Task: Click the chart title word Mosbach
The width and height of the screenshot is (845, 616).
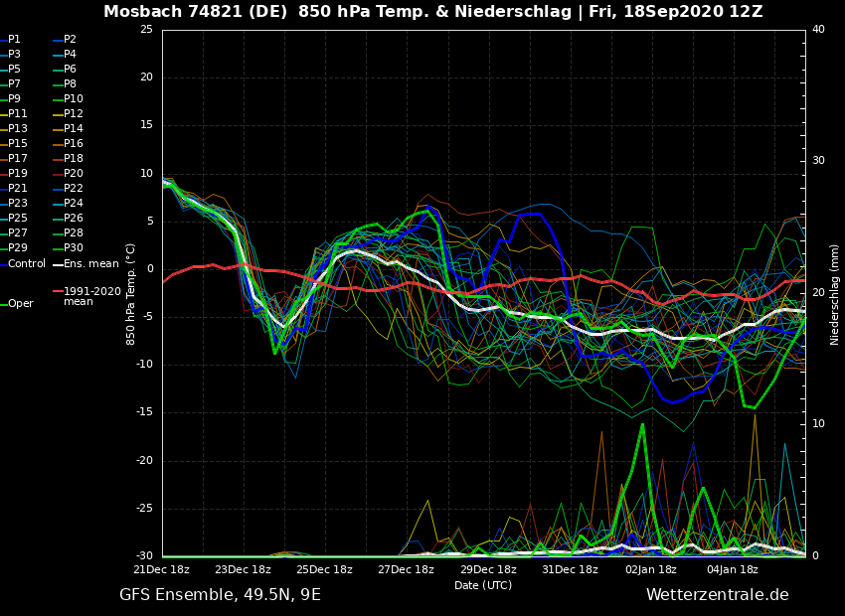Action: [x=141, y=12]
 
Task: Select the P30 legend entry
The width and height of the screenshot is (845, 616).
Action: [x=74, y=248]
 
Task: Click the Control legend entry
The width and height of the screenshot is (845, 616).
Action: [x=27, y=263]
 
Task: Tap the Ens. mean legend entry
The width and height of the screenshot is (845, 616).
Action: [x=90, y=263]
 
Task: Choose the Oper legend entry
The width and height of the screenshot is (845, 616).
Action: [x=21, y=304]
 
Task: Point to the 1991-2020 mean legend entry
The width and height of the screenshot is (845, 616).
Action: [x=91, y=296]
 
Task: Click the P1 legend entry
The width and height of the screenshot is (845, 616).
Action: [x=14, y=40]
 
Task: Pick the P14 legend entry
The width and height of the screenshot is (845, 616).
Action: [x=74, y=129]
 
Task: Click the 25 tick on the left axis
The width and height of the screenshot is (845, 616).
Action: [x=146, y=30]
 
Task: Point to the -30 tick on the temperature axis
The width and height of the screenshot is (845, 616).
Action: [x=144, y=556]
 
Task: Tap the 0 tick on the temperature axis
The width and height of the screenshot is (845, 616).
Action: [x=149, y=269]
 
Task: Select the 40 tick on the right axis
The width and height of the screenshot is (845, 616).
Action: [x=818, y=30]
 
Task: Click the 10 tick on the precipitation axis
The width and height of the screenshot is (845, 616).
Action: [x=818, y=424]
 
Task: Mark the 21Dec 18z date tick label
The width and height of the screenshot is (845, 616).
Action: [x=162, y=569]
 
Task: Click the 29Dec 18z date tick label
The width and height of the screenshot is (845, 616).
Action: [x=488, y=569]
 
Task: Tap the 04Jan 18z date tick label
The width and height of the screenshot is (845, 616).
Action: [x=733, y=569]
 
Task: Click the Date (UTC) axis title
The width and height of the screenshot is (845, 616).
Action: [x=483, y=585]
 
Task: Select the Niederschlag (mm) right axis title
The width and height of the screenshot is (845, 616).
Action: [x=835, y=294]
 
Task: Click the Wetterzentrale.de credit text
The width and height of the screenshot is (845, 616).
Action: [x=717, y=595]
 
